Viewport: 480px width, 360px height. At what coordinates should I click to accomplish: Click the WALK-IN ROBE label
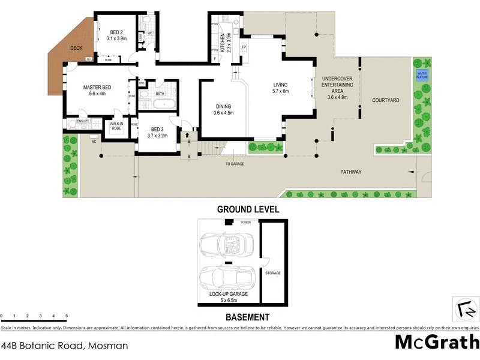(116, 126)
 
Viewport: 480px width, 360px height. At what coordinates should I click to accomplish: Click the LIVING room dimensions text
(281, 91)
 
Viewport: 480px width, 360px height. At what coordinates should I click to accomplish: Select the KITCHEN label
(222, 43)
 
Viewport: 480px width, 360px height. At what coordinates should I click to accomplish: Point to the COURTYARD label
(386, 100)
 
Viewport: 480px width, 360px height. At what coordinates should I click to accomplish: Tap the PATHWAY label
(351, 172)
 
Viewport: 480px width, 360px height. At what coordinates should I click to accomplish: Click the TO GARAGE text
(235, 164)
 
